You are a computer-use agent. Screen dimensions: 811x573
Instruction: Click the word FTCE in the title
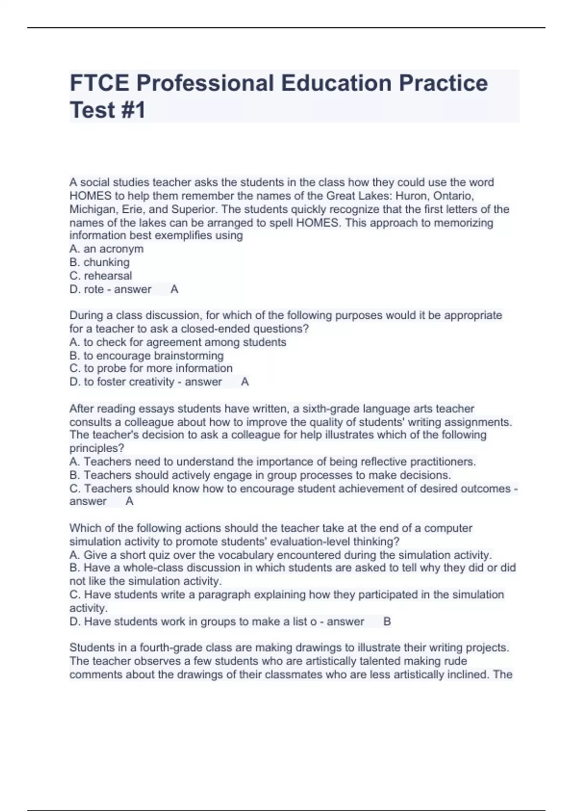click(x=99, y=83)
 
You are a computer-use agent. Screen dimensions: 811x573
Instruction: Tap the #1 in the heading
click(x=133, y=110)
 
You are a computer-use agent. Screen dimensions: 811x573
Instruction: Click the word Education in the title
click(x=336, y=83)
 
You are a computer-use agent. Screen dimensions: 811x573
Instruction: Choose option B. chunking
click(x=99, y=262)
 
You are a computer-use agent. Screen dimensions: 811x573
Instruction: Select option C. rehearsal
click(x=101, y=276)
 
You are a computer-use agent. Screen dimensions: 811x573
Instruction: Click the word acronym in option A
click(x=121, y=249)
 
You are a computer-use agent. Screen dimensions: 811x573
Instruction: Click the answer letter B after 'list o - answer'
click(x=387, y=622)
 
